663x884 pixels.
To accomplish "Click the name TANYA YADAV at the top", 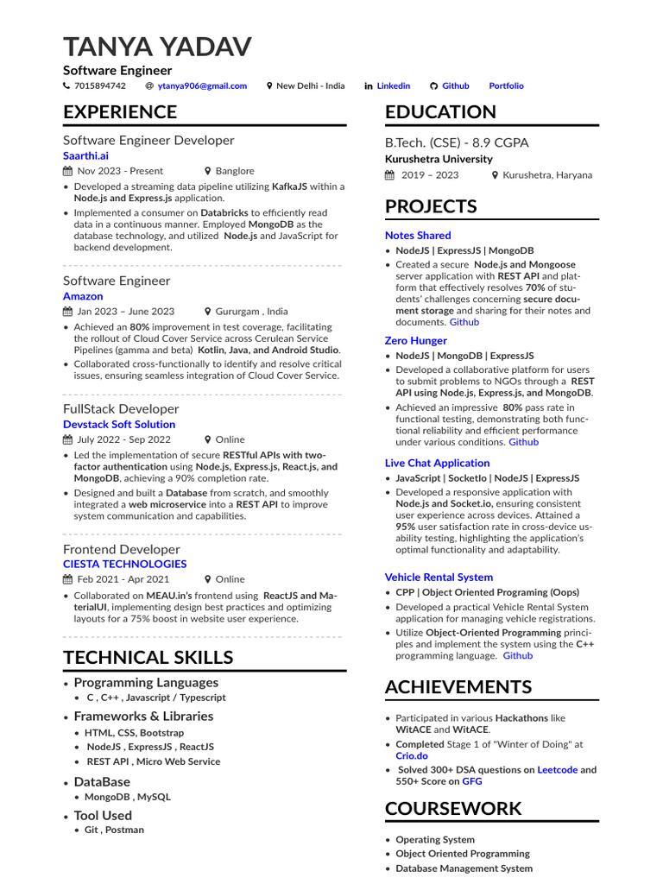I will (x=157, y=47).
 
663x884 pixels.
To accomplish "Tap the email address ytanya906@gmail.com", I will (x=202, y=85).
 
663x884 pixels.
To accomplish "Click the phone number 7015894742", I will (x=100, y=85).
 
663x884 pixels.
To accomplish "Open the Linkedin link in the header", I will (x=394, y=85).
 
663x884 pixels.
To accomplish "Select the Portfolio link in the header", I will (x=506, y=85).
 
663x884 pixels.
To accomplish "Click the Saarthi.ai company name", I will (x=85, y=155).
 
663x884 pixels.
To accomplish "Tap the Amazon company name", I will (x=83, y=296).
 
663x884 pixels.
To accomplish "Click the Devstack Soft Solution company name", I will (x=119, y=424).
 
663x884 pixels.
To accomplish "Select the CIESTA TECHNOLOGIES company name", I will (x=124, y=564).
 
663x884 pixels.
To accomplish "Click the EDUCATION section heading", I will (x=440, y=111).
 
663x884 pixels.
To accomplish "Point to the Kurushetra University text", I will (x=439, y=159).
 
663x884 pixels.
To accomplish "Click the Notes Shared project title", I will (x=418, y=235).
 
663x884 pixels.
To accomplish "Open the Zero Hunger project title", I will (x=416, y=340).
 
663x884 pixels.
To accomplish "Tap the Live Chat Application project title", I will (x=437, y=463).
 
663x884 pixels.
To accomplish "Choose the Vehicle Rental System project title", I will (x=439, y=577).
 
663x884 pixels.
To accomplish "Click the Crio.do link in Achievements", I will (x=412, y=755).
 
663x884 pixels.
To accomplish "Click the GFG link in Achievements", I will (x=472, y=781).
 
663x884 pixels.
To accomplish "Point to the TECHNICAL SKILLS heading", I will (x=148, y=657).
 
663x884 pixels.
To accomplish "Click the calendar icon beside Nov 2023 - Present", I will (x=68, y=171).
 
